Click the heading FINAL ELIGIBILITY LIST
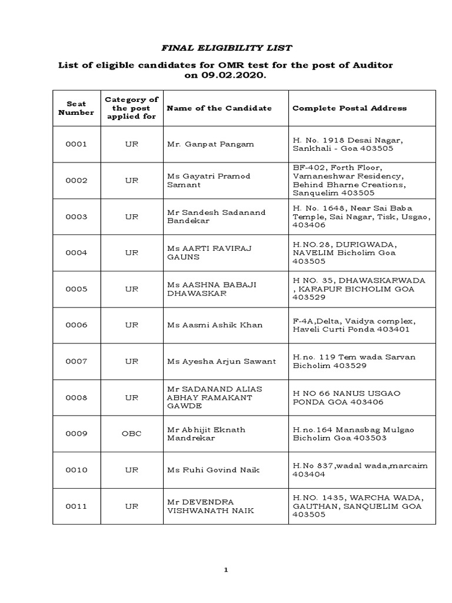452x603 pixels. pyautogui.click(x=227, y=48)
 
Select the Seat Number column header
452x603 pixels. pyautogui.click(x=76, y=108)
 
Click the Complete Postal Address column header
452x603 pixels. pyautogui.click(x=349, y=108)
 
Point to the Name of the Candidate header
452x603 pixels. pyautogui.click(x=219, y=108)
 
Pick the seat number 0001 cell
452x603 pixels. pyautogui.click(x=76, y=144)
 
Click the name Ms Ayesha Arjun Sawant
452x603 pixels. pyautogui.click(x=221, y=361)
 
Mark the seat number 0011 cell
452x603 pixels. pyautogui.click(x=76, y=506)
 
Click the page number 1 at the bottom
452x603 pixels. pyautogui.click(x=225, y=570)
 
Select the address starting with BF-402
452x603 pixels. pyautogui.click(x=348, y=180)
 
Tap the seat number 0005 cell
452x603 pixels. pyautogui.click(x=76, y=289)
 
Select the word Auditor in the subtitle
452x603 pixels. pyautogui.click(x=372, y=64)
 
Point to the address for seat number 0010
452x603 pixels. pyautogui.click(x=360, y=470)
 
